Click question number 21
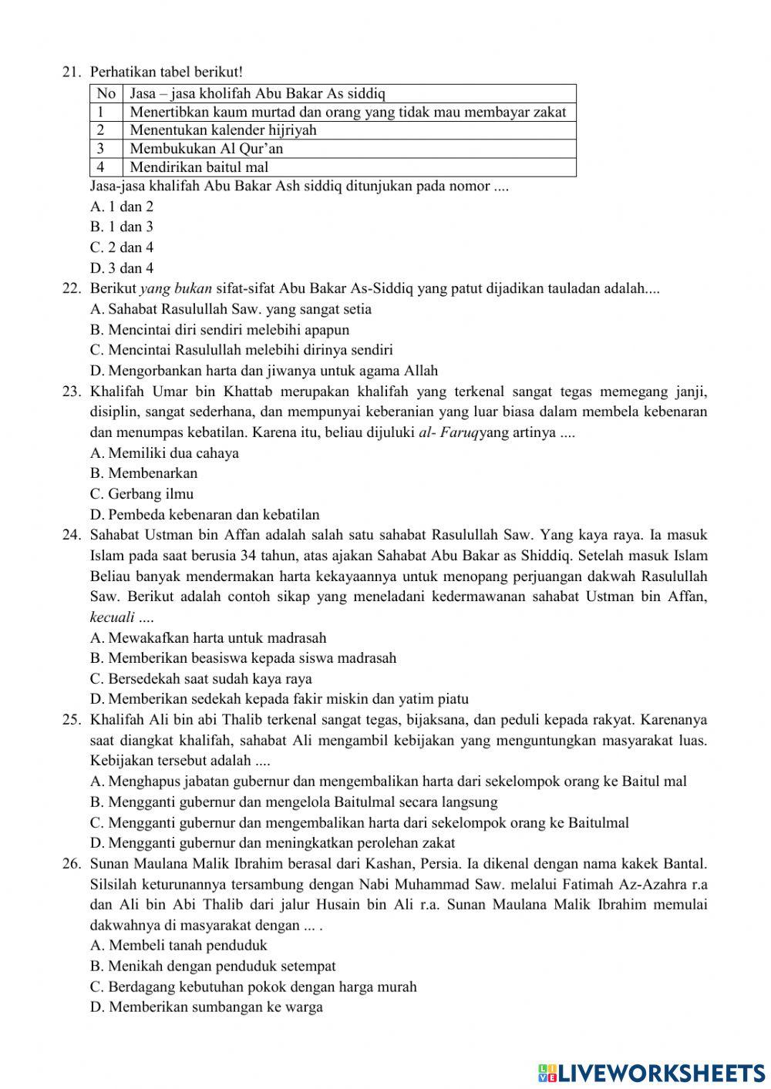coord(72,72)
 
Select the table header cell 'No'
coord(106,94)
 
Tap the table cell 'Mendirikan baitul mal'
coord(199,167)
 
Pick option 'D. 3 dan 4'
coord(122,268)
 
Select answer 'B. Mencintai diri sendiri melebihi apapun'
coord(220,330)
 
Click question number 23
coord(72,392)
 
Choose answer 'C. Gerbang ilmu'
coord(142,494)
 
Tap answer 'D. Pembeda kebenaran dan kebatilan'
coord(204,515)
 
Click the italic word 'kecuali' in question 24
coord(113,617)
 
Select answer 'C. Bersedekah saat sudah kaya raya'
coord(201,679)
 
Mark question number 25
coord(72,721)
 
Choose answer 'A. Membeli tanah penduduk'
coord(179,946)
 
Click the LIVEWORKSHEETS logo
coord(651,1072)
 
